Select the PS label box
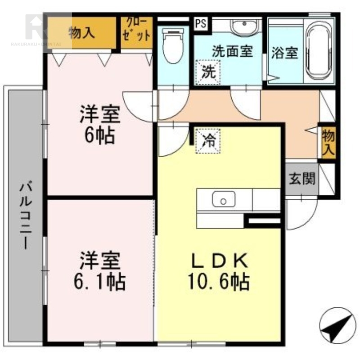click(x=201, y=23)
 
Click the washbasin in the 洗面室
click(x=244, y=27)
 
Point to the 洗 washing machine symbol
click(x=208, y=72)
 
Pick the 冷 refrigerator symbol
click(x=208, y=141)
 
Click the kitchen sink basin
click(x=223, y=199)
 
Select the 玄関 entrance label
click(x=302, y=179)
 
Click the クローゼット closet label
click(x=137, y=29)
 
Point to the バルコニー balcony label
click(x=25, y=215)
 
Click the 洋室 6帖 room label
click(x=100, y=124)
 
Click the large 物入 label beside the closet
click(x=82, y=33)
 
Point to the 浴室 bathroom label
click(x=285, y=53)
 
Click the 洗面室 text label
click(x=232, y=51)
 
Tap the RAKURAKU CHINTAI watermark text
click(x=36, y=44)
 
